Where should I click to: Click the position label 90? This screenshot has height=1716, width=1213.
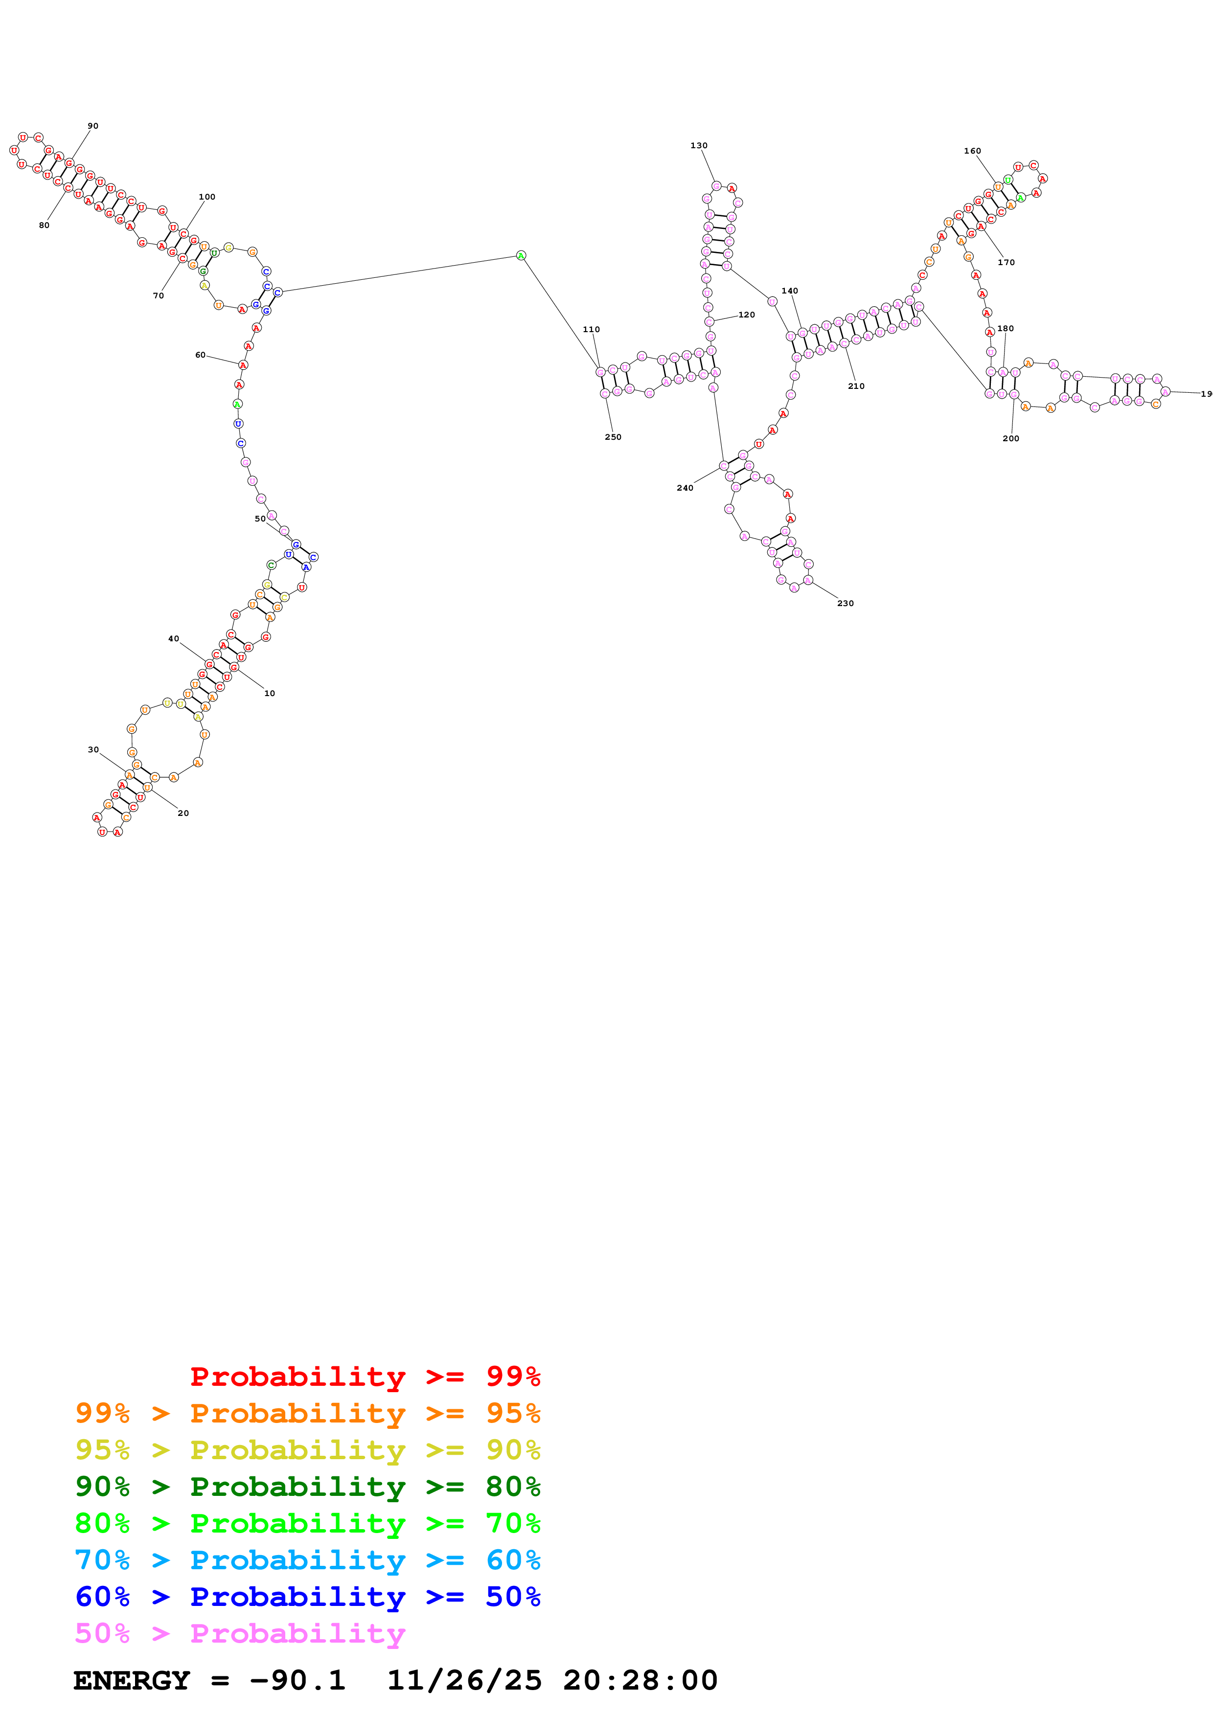click(92, 126)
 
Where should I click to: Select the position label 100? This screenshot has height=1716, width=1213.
click(207, 197)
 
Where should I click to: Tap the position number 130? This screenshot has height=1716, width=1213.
click(699, 145)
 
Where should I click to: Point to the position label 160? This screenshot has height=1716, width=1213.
click(972, 150)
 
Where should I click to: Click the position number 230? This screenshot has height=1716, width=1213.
click(846, 602)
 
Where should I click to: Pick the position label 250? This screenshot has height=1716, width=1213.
click(613, 436)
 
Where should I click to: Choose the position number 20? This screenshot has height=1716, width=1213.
click(183, 813)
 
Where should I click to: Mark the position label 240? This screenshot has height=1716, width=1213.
click(685, 487)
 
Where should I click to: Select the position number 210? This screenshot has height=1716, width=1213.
click(856, 385)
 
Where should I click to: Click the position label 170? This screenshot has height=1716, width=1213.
click(1006, 262)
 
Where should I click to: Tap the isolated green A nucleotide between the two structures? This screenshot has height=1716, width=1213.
click(521, 256)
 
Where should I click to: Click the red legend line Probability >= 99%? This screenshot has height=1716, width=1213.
click(365, 1376)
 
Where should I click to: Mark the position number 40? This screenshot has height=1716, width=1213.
click(173, 638)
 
